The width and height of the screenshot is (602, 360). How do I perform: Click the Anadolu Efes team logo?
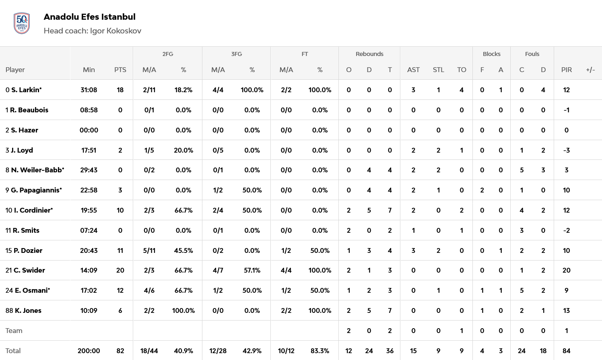pos(22,23)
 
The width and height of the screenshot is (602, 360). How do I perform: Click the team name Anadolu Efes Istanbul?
pos(89,17)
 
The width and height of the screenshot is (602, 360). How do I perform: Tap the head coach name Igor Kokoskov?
pos(115,31)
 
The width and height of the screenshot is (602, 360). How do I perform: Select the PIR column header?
pos(566,70)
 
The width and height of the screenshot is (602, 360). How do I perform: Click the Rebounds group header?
pos(369,54)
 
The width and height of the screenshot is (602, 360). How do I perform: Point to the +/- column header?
pos(590,70)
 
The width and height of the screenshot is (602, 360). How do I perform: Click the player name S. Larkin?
pos(26,90)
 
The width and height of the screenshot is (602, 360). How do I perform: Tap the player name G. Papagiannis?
pos(36,190)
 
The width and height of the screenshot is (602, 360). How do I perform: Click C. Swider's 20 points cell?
pos(120,270)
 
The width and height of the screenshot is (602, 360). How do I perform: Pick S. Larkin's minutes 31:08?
pos(89,90)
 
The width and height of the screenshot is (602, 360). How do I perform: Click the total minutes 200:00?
pos(89,351)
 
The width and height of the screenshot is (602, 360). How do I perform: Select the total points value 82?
pos(120,351)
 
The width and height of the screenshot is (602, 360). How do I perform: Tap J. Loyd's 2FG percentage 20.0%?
pos(183,150)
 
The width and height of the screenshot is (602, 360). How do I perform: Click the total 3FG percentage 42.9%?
pos(252,351)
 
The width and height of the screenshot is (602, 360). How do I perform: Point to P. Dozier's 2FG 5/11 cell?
pos(149,250)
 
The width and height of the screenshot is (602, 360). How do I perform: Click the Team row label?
pos(14,331)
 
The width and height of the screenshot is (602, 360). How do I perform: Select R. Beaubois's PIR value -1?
pos(566,110)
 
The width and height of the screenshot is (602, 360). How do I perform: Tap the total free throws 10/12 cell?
pos(286,351)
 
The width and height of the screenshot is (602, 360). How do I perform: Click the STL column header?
pos(438,70)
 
